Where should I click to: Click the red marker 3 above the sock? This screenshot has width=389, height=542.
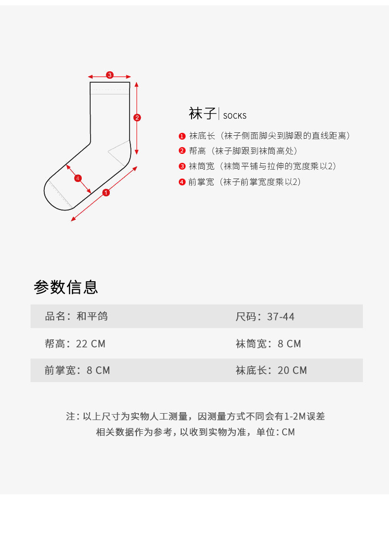110,75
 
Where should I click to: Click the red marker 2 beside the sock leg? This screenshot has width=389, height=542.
137,118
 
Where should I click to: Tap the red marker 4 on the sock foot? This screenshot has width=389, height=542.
78,178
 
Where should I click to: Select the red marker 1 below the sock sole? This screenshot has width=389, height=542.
106,192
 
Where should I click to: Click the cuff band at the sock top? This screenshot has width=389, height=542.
109,88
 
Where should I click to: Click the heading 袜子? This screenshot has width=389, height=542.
202,114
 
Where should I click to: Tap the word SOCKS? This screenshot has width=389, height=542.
235,117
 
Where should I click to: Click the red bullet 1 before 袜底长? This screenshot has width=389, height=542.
182,136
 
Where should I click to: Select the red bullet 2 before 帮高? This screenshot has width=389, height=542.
182,151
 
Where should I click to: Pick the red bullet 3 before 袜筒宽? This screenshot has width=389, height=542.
182,167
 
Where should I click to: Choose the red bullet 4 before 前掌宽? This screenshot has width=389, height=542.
182,182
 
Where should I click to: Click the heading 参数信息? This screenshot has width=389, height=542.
66,287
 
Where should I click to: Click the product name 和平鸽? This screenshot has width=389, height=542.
92,316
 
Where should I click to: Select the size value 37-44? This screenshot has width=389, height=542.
281,317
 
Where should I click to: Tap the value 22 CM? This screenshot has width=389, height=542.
91,344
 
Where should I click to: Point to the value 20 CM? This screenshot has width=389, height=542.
292,370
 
